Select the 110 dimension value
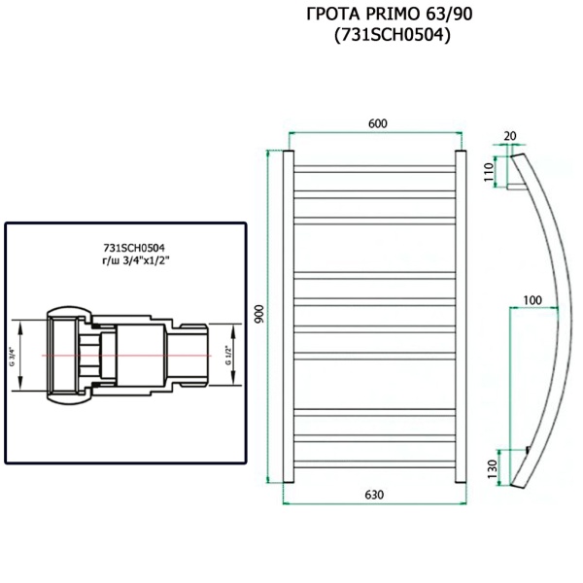[491, 172]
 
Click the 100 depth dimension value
[532, 299]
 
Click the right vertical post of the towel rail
[461, 316]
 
